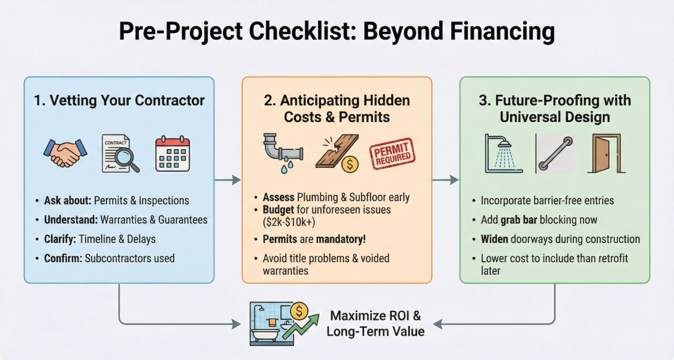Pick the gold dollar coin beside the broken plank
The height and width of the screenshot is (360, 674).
(350, 164)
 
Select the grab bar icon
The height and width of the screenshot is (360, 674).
(555, 154)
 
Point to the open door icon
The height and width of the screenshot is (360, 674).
(606, 153)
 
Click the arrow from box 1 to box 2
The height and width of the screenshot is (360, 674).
(227, 180)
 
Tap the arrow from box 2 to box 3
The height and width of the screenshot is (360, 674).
(445, 180)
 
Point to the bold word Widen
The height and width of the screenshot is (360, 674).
(495, 239)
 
